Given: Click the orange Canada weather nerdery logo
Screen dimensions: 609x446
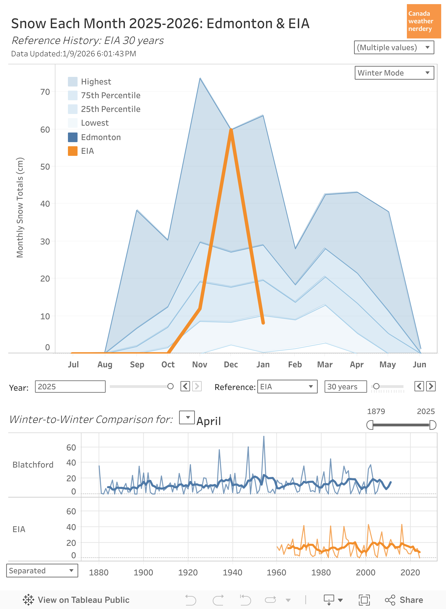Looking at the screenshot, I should point(423,21).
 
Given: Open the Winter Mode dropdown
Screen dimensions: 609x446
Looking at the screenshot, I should point(394,73).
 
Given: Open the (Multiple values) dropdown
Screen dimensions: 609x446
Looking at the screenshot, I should point(394,48).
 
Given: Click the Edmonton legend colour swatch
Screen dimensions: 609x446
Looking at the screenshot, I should point(73,137).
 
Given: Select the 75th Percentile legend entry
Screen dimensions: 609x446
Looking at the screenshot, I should point(110,95).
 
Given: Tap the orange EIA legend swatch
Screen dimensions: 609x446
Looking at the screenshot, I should point(73,151).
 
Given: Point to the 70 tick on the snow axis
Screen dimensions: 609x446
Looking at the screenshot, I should point(45,92).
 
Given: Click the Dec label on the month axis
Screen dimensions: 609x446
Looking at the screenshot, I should point(231,365).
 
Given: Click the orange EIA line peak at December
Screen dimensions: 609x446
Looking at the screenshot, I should point(231,130).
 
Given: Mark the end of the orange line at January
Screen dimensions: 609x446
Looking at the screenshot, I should point(263,322).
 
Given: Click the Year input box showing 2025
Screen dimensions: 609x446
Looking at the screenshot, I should point(70,387).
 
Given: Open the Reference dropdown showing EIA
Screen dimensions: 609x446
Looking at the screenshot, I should point(287,387).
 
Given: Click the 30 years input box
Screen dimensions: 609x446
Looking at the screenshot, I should point(345,387).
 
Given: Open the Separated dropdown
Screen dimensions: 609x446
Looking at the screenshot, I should point(42,570).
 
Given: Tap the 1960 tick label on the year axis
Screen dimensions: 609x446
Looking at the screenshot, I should point(276,572).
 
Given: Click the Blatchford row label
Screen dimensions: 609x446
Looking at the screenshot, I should point(33,465).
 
